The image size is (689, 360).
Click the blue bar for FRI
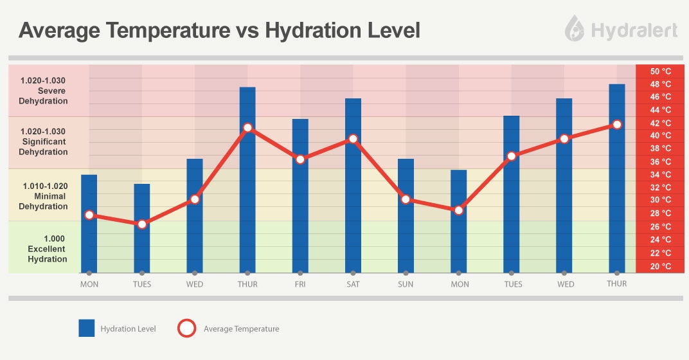tap(300, 195)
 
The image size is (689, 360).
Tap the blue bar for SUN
tap(406, 215)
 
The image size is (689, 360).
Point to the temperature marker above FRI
tap(300, 159)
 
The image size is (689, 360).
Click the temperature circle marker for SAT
tap(353, 139)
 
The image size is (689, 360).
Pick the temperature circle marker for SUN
tap(406, 199)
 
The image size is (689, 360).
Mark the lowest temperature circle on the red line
tap(142, 224)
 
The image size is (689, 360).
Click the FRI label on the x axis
tap(300, 284)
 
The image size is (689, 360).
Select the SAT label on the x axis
tap(353, 284)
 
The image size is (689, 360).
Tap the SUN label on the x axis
tap(406, 284)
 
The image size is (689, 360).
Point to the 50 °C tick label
tap(660, 71)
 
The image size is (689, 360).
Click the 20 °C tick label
tap(660, 266)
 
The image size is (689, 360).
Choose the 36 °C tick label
tap(660, 162)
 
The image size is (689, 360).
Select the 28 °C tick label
tap(660, 213)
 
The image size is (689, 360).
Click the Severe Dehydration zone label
tap(44, 91)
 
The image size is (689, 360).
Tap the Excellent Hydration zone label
tap(47, 249)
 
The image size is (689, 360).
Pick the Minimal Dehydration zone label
tap(44, 196)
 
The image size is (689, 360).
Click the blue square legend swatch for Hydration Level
tap(87, 328)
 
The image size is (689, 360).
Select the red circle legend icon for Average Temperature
tap(186, 328)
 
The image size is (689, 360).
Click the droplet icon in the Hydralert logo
tap(574, 29)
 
